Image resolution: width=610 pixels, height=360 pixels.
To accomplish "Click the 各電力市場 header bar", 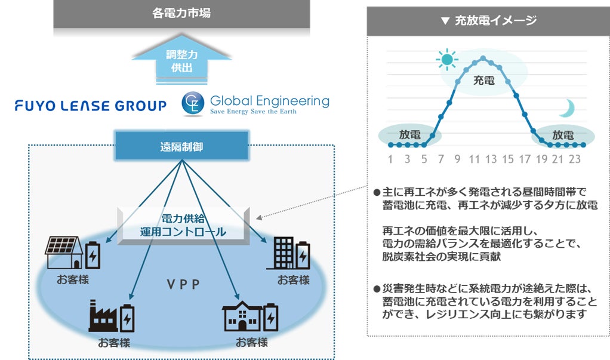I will coord(181,13).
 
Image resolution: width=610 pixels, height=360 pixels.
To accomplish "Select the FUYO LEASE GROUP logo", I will coord(91,106).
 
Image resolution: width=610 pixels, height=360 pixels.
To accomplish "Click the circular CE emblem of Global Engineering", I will coord(193,103).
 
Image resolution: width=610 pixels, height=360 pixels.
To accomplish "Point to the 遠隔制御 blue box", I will coord(181,146).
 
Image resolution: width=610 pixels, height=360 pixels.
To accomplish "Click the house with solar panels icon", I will coord(64,253).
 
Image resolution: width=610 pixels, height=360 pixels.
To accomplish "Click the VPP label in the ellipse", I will coord(183,284).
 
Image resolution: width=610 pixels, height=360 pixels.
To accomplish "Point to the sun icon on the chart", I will coord(445,60).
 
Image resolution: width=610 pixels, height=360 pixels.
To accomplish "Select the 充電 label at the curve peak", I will coord(483,80).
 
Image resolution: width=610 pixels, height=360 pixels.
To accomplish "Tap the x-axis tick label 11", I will coord(474,159).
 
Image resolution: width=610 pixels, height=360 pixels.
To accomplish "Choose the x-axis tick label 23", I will coord(574,159).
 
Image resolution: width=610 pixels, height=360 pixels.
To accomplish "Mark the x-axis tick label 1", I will coord(390,159).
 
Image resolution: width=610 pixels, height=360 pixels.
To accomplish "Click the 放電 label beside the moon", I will coord(562,135).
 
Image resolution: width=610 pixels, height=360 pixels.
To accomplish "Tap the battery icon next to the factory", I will coord(127,318).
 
